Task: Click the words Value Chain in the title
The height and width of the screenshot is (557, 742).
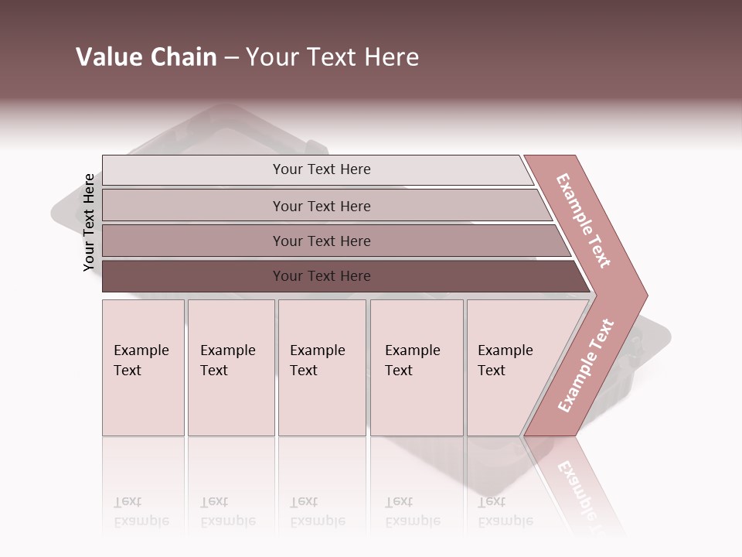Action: [146, 57]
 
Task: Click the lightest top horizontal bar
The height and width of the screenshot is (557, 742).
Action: [193, 170]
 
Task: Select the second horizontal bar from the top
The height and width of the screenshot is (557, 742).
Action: [193, 206]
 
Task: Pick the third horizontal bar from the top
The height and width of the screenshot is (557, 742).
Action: [193, 241]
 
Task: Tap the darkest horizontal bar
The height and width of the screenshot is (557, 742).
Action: [193, 276]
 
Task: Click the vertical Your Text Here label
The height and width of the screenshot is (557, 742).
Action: [89, 223]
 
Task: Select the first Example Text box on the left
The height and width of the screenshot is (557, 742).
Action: [143, 402]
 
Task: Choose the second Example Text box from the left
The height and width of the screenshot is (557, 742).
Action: [231, 402]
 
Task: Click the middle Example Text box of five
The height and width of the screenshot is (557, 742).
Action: [322, 402]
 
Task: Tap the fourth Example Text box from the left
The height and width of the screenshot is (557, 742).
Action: [417, 402]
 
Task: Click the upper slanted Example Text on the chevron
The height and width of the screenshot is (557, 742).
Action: [584, 220]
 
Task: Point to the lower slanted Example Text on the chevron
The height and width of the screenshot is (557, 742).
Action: [585, 366]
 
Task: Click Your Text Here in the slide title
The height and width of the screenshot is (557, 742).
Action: [332, 57]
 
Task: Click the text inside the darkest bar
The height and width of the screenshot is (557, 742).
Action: [322, 276]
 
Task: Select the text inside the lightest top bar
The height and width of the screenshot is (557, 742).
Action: [322, 169]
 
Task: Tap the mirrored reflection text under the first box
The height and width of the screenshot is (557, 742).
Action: [141, 511]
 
